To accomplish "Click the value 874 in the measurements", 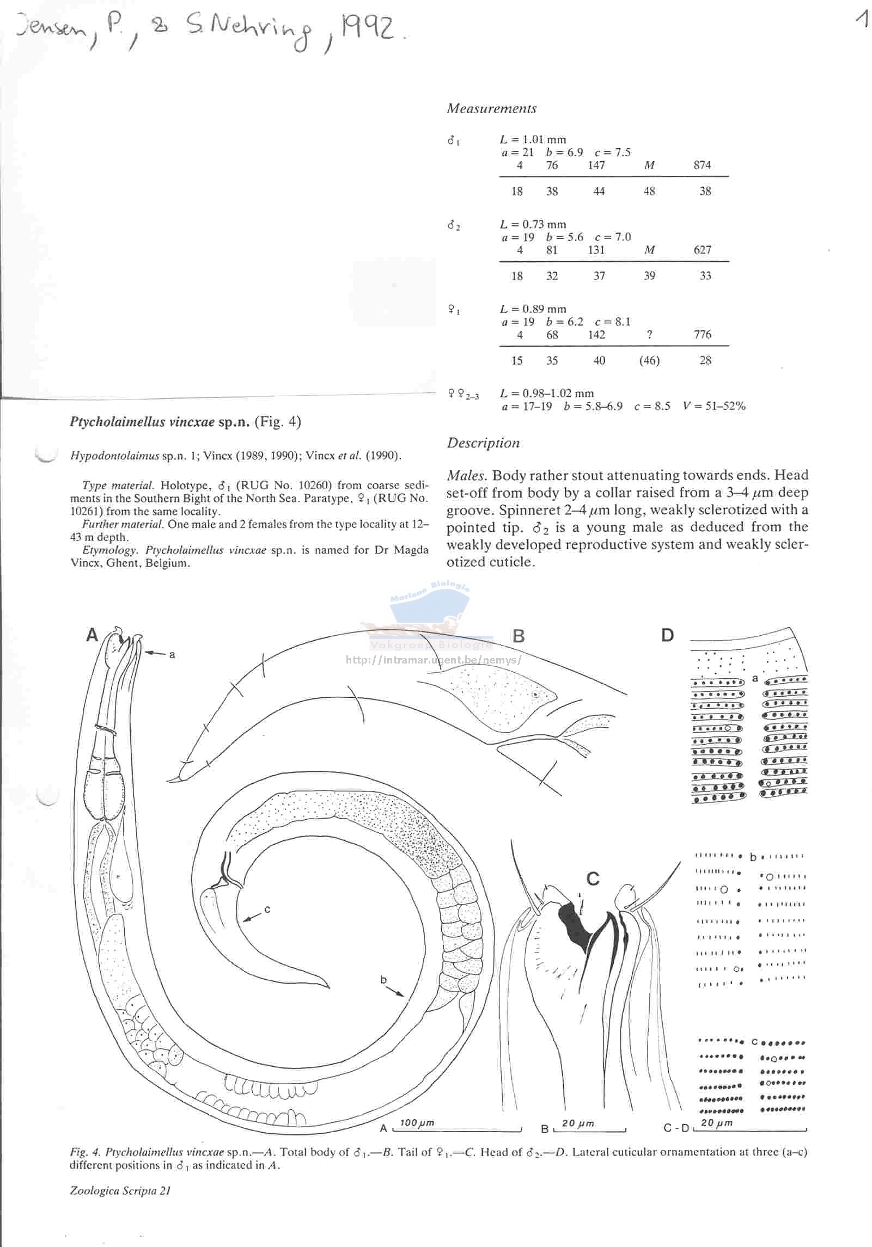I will [x=702, y=165].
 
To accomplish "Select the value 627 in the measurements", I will [x=702, y=250].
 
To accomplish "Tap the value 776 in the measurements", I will [x=702, y=334].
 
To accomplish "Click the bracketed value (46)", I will [x=649, y=360].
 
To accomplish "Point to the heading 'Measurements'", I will [x=491, y=108].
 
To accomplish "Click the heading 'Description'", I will [x=483, y=443].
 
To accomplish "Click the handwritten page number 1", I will [x=861, y=20].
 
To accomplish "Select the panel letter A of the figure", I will [x=92, y=635].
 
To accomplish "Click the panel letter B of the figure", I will [x=519, y=636].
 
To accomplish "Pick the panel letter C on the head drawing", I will [x=593, y=879].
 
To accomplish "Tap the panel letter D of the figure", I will [x=667, y=635].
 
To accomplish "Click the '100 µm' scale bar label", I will [x=417, y=1123].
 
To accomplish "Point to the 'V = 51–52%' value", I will [x=714, y=406].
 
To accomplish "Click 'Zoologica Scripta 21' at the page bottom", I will [x=120, y=1190].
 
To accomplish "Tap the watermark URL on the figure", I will [x=434, y=660].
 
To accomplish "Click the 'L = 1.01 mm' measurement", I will [x=533, y=140].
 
